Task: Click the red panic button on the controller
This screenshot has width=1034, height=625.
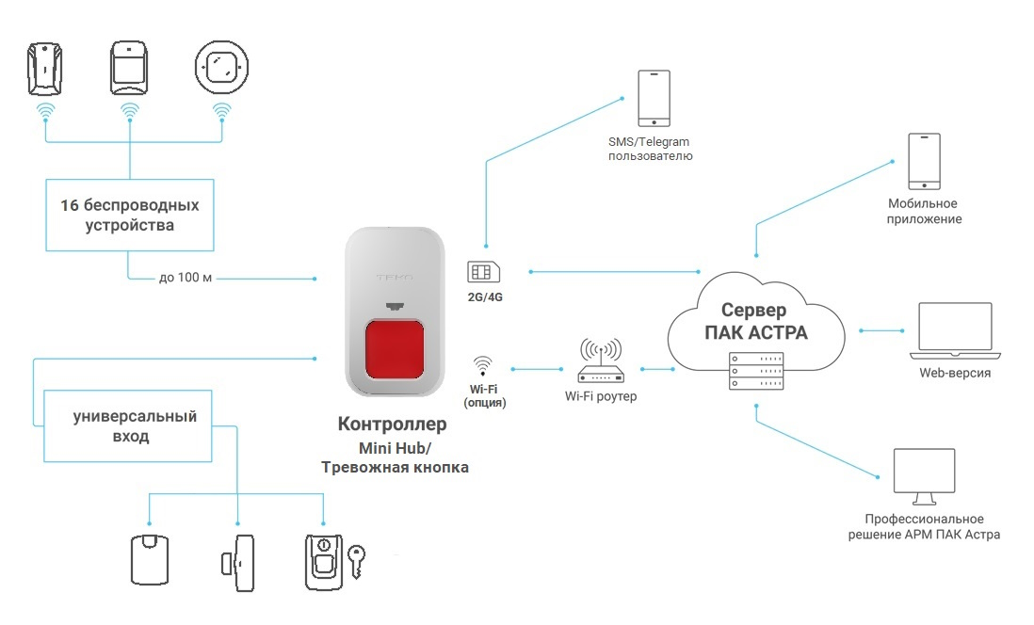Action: [395, 349]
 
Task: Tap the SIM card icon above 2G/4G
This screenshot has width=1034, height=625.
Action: [483, 272]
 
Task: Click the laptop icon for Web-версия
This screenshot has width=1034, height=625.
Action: [955, 330]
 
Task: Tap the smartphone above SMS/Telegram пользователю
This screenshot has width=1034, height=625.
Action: [654, 98]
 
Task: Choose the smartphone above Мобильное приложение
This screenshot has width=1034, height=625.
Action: [924, 162]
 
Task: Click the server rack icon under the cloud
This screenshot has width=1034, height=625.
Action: [756, 371]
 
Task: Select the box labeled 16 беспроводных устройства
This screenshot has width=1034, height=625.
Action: [130, 215]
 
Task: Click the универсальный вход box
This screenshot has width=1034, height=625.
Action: [128, 425]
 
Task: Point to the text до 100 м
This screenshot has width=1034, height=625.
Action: [186, 278]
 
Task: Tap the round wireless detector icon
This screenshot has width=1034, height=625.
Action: [221, 67]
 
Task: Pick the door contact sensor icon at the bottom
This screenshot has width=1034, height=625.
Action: [237, 563]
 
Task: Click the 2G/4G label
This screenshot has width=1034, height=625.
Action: [485, 297]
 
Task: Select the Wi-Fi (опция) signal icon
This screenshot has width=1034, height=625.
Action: [483, 366]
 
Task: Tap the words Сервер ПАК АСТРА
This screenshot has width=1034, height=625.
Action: [755, 321]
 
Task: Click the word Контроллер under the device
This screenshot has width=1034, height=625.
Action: [393, 424]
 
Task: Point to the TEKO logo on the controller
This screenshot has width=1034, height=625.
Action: [395, 278]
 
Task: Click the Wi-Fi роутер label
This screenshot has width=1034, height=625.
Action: [601, 396]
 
